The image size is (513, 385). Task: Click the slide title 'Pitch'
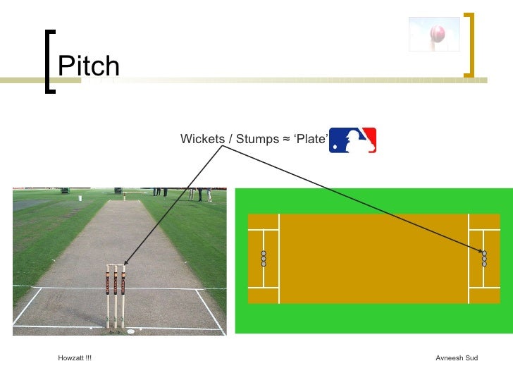89,67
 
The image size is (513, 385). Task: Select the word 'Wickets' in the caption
202,139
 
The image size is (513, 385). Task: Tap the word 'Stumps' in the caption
256,139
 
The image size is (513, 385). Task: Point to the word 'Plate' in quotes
310,139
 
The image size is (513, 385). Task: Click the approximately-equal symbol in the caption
286,139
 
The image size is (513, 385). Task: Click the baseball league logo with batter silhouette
352,140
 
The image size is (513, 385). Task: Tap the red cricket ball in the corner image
438,32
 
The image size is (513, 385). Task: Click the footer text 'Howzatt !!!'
75,358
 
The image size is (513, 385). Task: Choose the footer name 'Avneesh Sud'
457,358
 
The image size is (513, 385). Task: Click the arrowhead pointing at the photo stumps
124,263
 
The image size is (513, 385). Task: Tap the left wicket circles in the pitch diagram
264,259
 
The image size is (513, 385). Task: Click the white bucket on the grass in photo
80,198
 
